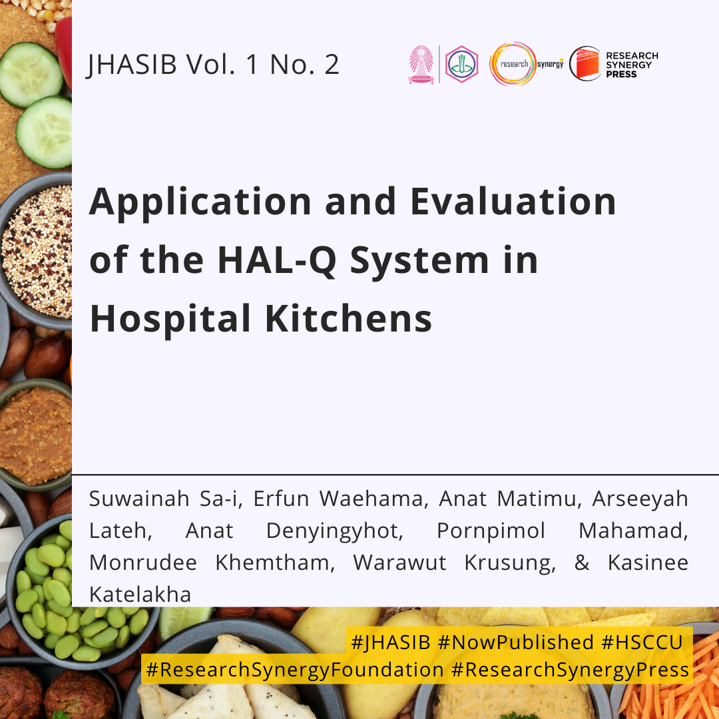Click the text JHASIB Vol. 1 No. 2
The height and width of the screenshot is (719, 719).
coord(213,65)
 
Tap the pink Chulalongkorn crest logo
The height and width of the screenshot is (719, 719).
coord(421,64)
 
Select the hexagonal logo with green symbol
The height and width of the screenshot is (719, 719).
coord(462,64)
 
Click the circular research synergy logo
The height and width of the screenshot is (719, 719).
coord(513,64)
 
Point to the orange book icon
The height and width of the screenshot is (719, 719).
coord(585,64)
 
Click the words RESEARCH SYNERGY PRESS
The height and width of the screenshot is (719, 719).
coord(632,65)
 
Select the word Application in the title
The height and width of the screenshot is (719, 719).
coord(200,202)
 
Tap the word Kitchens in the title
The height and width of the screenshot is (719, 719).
coord(348,318)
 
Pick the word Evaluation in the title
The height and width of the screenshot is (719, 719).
coord(513,201)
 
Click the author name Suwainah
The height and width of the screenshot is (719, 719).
coord(139,499)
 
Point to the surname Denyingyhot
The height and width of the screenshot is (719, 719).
coord(335,531)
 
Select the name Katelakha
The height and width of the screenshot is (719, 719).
coord(140,595)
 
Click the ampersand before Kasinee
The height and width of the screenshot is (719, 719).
coord(582,563)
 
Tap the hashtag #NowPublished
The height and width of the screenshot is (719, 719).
coord(515,642)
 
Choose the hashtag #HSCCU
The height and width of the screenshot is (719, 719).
coord(642,642)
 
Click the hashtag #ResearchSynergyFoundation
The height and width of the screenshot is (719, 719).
coord(294,670)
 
